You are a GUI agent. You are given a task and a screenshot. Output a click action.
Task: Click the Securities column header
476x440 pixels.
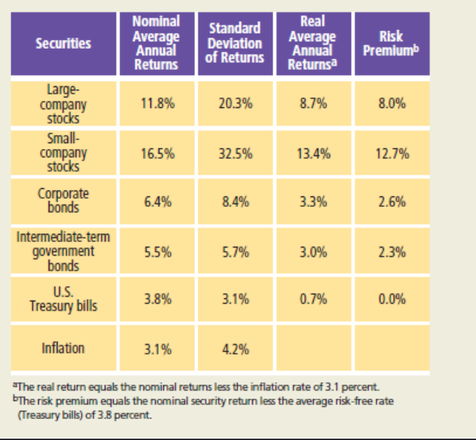click(x=63, y=43)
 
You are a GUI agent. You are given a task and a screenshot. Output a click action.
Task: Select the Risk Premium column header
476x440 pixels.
click(x=391, y=43)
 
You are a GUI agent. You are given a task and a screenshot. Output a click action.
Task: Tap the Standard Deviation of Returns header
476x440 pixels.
click(x=235, y=43)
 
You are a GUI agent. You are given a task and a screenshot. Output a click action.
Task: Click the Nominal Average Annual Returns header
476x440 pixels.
click(x=156, y=43)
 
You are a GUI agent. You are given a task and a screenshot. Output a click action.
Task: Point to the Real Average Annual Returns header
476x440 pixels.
click(x=313, y=43)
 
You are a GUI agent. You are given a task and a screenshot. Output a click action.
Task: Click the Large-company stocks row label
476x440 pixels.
click(x=63, y=103)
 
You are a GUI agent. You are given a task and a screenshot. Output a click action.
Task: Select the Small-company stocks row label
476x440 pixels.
click(x=63, y=153)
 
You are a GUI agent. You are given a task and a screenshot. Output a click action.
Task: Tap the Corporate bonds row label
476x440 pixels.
click(x=63, y=201)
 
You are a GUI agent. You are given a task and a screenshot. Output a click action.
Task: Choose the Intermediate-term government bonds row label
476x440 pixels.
click(x=63, y=251)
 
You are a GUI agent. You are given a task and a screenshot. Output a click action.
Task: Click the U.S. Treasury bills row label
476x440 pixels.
click(x=63, y=299)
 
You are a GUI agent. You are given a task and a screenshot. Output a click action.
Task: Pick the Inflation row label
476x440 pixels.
click(x=63, y=348)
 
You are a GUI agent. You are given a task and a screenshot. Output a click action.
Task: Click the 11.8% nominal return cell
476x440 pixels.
click(x=158, y=103)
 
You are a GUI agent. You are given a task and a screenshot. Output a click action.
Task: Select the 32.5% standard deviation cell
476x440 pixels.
click(x=236, y=154)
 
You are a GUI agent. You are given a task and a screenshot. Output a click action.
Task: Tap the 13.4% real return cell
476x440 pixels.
click(x=314, y=154)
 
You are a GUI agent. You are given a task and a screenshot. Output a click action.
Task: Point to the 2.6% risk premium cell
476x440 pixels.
click(x=392, y=202)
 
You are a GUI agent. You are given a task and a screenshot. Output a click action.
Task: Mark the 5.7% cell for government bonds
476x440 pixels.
click(x=236, y=253)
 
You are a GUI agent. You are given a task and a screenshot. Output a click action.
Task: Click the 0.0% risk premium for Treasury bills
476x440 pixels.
click(x=392, y=299)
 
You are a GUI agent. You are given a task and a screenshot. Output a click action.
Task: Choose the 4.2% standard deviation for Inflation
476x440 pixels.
click(x=236, y=349)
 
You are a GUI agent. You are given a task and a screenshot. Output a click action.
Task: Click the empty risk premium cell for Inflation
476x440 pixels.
click(x=392, y=348)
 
